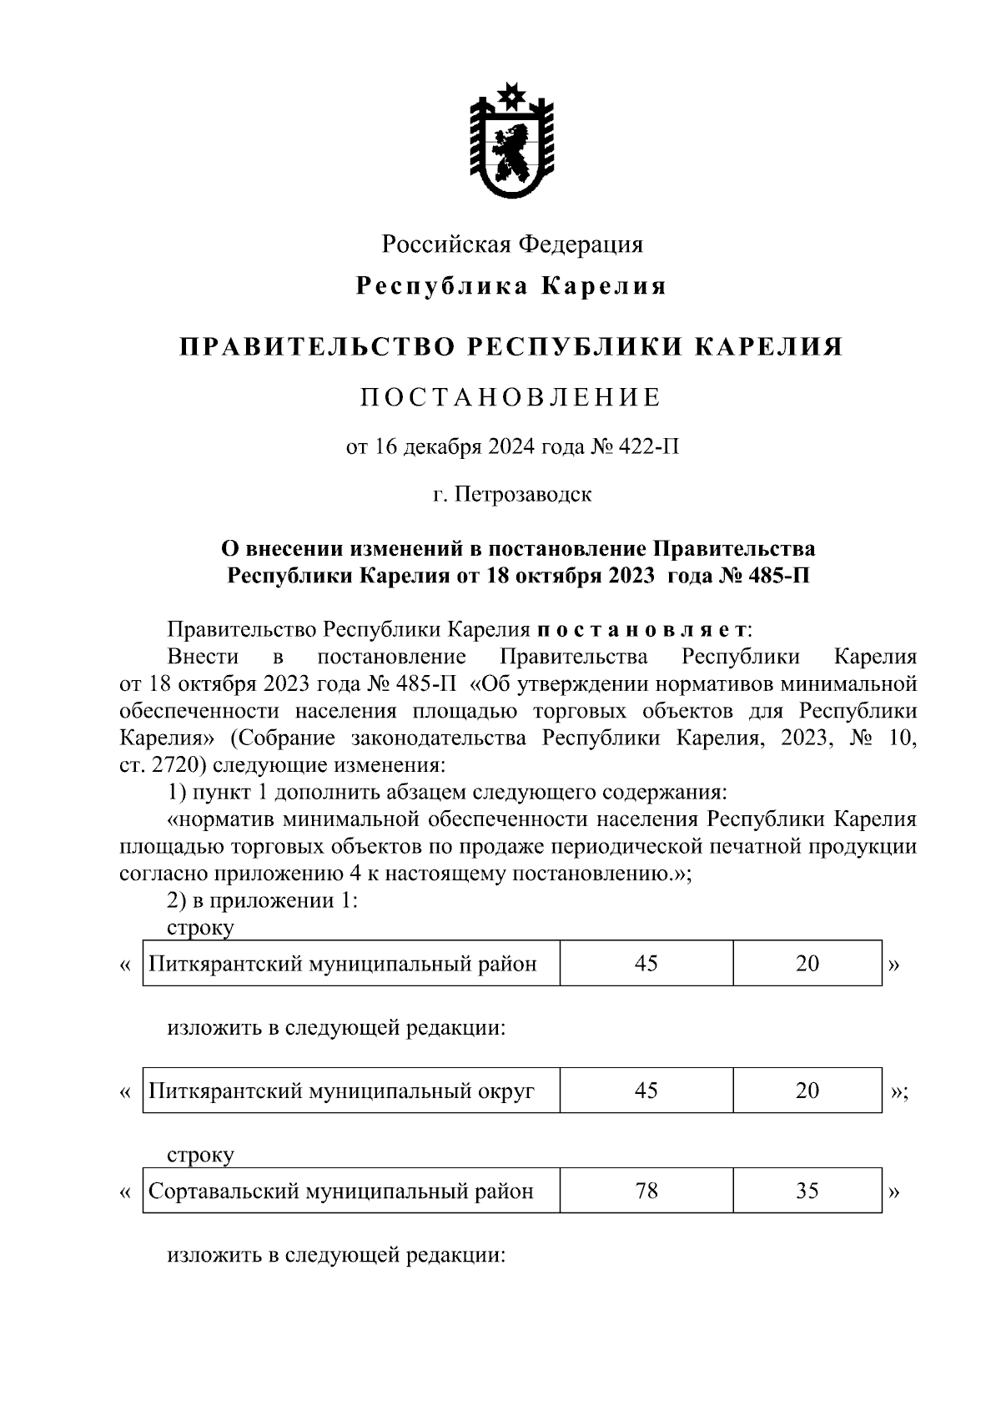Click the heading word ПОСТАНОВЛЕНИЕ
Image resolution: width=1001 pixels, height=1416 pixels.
[x=511, y=398]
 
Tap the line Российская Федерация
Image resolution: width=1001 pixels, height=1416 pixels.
[x=512, y=245]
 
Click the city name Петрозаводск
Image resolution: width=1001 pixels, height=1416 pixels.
[x=524, y=494]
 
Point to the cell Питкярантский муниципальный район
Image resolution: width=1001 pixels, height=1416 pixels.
[x=343, y=965]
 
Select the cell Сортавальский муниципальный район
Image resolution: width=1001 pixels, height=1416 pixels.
[x=341, y=1192]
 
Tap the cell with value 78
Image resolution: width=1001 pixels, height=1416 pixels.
[x=646, y=1192]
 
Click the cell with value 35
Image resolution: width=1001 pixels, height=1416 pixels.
[x=807, y=1192]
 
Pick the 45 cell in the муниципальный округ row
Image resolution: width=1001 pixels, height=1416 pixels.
[x=646, y=1091]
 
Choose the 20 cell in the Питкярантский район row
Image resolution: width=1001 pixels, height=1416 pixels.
[x=807, y=965]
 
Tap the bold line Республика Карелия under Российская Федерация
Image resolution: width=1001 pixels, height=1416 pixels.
[x=511, y=286]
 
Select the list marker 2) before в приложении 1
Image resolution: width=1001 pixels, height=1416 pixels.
[x=177, y=901]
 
